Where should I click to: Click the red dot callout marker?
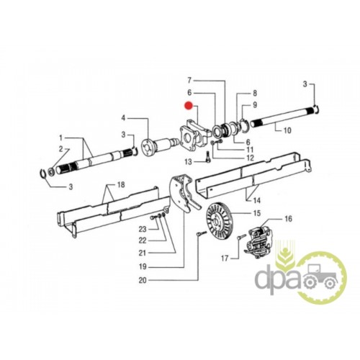[189, 105]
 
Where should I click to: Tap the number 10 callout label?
[287, 130]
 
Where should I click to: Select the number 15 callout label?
[256, 213]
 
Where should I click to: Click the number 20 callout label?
[143, 280]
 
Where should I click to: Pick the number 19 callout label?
[143, 266]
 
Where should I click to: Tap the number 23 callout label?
[143, 229]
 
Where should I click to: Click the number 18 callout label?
[121, 184]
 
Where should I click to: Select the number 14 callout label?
[256, 199]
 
